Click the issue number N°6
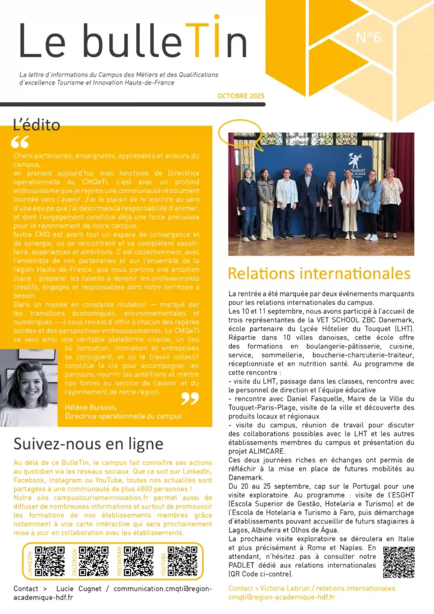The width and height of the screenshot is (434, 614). tap(368, 38)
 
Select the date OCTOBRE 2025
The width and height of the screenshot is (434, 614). tap(240, 96)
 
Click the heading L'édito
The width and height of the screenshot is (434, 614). tap(37, 125)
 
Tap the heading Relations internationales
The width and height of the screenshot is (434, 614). tap(319, 274)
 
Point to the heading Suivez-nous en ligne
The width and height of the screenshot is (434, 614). tap(88, 444)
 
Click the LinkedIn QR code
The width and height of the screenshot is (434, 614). tap(50, 561)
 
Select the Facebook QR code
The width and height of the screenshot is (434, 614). tap(94, 561)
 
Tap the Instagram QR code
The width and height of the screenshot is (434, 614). tap(138, 561)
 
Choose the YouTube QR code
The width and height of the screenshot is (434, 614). tap(182, 561)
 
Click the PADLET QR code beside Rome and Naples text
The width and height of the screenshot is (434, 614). tap(399, 562)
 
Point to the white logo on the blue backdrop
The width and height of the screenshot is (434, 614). tap(355, 161)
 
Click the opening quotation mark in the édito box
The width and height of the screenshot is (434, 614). tap(20, 142)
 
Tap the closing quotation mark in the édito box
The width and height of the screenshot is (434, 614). tap(190, 398)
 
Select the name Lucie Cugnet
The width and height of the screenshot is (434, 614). tap(77, 589)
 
